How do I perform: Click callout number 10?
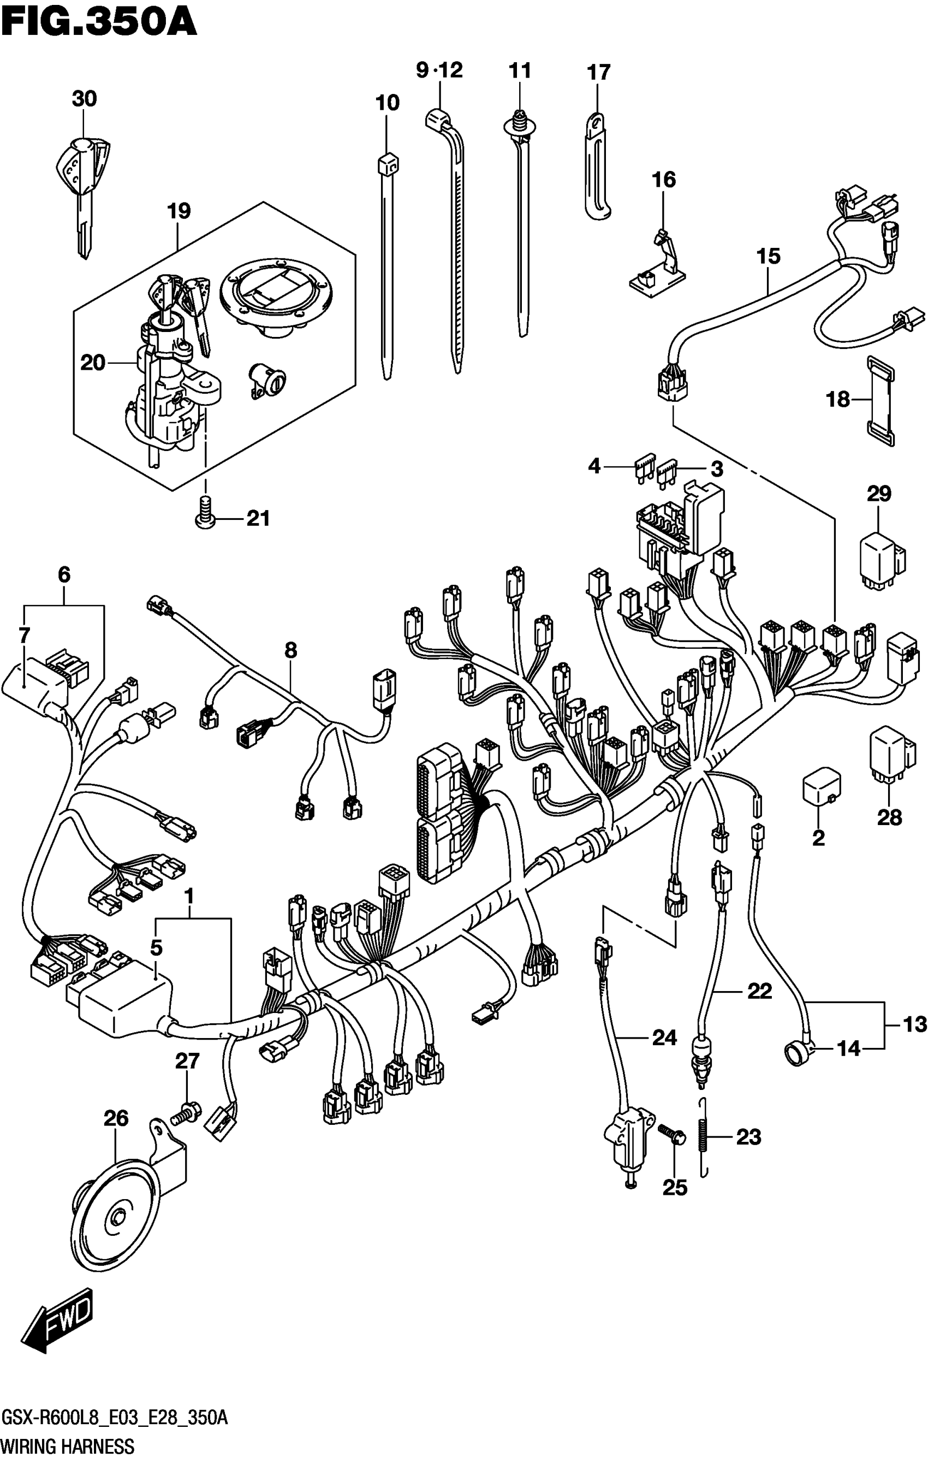pos(387,103)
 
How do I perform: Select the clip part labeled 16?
pos(659,268)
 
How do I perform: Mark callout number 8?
pos(290,650)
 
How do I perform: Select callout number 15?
pos(768,256)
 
